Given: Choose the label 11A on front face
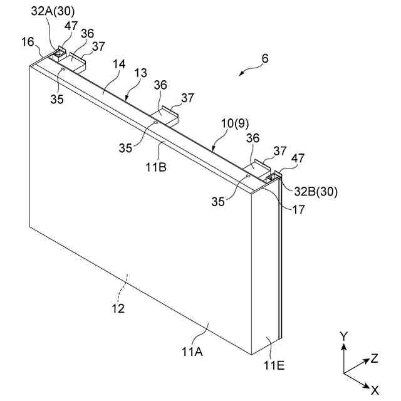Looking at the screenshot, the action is click(192, 352).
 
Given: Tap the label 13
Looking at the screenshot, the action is click(141, 74).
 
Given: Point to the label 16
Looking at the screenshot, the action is click(28, 41).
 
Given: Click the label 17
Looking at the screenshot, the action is click(298, 211).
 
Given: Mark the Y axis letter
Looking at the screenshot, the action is click(343, 336).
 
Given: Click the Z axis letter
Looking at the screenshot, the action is click(374, 358).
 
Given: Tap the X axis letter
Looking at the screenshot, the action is click(375, 390).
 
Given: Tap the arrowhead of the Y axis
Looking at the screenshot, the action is click(343, 346).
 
